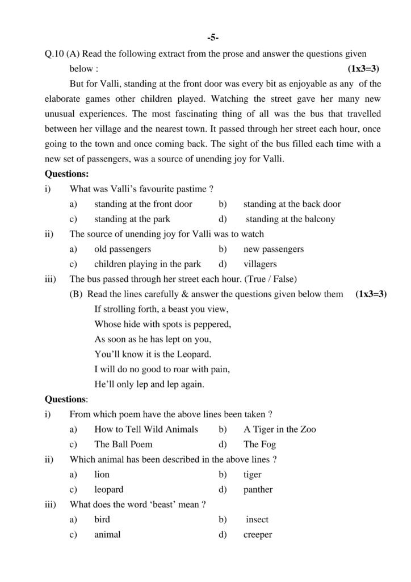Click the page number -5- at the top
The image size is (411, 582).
click(213, 38)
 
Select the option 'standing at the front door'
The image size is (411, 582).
click(143, 204)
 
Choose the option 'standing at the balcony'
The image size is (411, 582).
click(290, 219)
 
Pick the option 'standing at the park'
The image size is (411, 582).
click(132, 219)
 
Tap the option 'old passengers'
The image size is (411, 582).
click(122, 249)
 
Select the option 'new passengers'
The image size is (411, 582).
click(273, 249)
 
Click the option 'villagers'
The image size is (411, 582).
click(260, 264)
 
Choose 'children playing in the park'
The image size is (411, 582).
click(148, 264)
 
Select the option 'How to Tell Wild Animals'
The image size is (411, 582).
click(146, 429)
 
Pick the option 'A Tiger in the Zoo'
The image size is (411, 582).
click(279, 429)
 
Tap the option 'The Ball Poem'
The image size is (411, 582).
click(123, 444)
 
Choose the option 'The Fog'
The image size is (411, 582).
click(259, 444)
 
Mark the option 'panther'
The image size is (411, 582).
click(258, 489)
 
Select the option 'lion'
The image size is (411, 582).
click(102, 475)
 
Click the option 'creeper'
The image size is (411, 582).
click(258, 535)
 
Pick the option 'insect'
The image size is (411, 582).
click(257, 519)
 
